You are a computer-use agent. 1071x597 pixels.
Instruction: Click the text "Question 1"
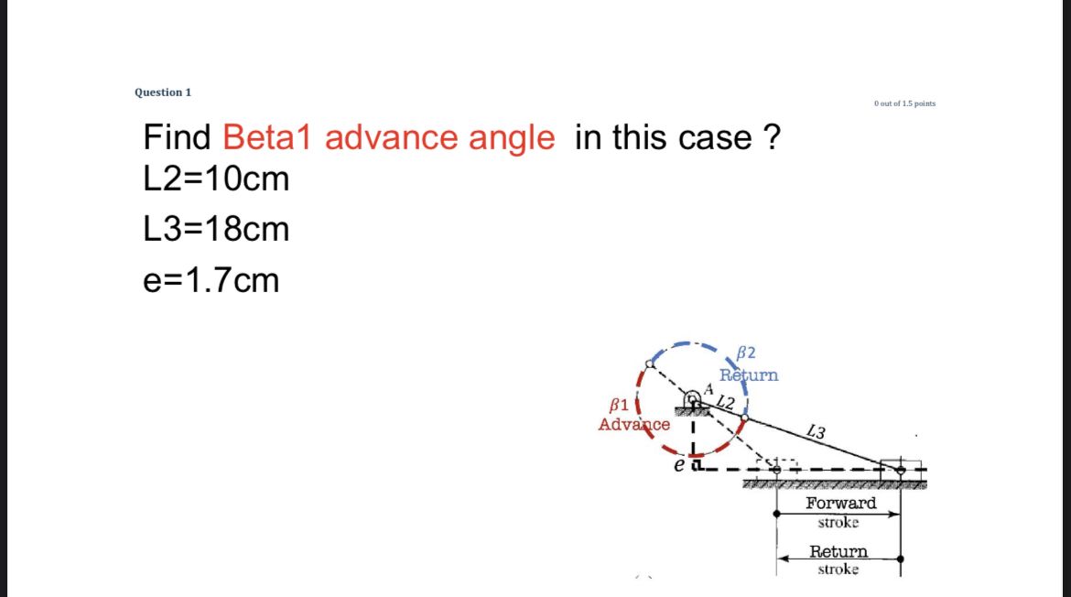click(163, 92)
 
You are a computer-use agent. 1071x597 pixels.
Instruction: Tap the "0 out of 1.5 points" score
click(904, 103)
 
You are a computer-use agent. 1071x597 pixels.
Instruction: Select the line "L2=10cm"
click(216, 179)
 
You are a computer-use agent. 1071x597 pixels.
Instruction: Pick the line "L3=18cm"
click(216, 229)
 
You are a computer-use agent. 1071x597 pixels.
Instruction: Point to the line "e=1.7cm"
click(211, 279)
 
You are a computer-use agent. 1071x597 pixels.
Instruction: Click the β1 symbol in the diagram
click(619, 404)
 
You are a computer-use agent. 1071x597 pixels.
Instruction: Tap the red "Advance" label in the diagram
click(633, 424)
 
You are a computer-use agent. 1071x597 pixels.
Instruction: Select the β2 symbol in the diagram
click(745, 353)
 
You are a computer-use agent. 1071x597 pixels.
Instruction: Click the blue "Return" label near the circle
click(749, 374)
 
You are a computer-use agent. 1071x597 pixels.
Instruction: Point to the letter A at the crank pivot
click(708, 389)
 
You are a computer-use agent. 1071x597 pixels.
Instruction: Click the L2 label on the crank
click(726, 403)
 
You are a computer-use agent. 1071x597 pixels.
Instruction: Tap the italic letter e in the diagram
click(678, 466)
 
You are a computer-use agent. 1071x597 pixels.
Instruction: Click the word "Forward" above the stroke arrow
click(840, 503)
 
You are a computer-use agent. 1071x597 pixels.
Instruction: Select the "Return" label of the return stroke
click(838, 551)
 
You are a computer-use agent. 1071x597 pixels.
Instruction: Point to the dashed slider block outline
click(776, 467)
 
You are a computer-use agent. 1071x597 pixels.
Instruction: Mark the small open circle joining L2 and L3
click(744, 419)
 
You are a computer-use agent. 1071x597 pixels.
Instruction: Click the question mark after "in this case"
click(771, 137)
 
